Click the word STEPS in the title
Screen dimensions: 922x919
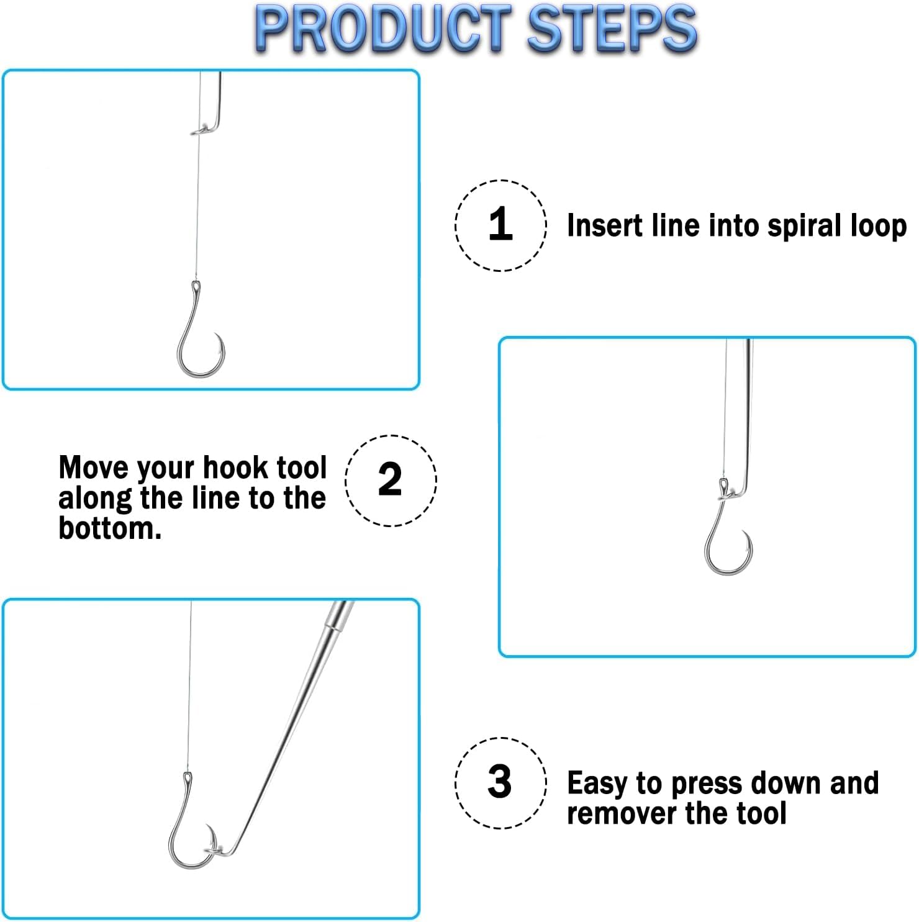(612, 29)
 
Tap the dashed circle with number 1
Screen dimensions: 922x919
(500, 225)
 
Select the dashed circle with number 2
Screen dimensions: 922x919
(391, 480)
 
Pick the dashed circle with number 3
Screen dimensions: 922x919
(500, 782)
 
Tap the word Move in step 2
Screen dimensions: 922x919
(94, 467)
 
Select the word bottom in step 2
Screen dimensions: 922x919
(109, 528)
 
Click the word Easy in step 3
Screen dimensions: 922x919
(597, 784)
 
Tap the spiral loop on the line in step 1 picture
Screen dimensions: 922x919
(200, 130)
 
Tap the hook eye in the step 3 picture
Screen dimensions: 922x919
(188, 778)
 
